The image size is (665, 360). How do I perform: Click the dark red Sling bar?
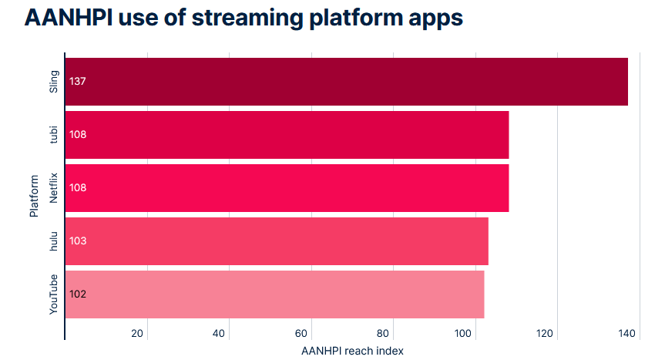(347, 82)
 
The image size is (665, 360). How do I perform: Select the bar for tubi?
(287, 135)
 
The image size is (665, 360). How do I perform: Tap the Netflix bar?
(287, 188)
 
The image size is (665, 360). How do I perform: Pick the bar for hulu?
(277, 241)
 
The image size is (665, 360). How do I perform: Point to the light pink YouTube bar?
(275, 294)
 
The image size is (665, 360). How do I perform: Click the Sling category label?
(53, 82)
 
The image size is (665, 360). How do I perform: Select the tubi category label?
(53, 135)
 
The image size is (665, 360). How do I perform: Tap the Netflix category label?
(53, 188)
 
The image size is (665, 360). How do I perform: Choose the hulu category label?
(53, 241)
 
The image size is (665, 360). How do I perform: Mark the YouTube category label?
(53, 294)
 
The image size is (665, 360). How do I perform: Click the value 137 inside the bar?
(78, 82)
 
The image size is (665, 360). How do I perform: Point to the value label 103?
(78, 241)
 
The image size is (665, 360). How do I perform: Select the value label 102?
(78, 294)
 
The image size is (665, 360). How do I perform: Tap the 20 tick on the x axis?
(137, 333)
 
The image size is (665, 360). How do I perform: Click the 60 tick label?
(301, 333)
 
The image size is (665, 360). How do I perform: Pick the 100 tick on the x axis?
(462, 333)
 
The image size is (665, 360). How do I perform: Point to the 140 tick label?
(626, 333)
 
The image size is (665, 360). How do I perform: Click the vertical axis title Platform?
(34, 196)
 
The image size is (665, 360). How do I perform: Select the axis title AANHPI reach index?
(352, 351)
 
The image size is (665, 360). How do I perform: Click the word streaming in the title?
(247, 19)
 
